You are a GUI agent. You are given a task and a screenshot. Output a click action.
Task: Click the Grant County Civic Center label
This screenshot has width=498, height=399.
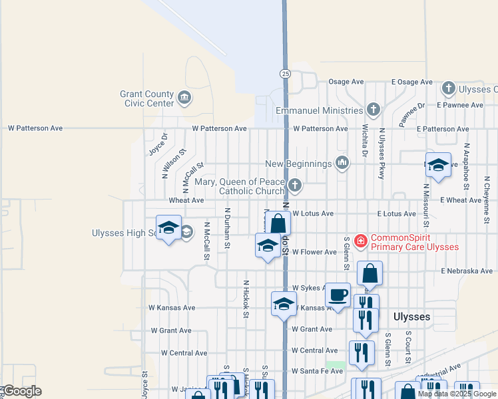[x=146, y=98]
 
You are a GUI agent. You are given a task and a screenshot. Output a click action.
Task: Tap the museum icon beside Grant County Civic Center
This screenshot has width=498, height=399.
[x=185, y=98]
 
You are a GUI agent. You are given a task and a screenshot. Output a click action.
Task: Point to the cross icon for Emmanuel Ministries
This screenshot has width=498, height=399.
[x=373, y=109]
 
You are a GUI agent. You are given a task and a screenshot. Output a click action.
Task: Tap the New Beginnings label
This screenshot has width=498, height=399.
[x=298, y=164]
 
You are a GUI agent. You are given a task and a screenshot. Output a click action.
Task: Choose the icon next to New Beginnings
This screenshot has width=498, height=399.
[x=342, y=163]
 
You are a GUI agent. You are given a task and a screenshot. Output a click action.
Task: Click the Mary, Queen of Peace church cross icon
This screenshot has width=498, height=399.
[x=295, y=185]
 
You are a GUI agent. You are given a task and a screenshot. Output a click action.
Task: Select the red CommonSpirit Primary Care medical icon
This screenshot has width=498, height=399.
[x=361, y=241]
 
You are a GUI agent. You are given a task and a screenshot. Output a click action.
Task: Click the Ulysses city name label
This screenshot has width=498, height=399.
[x=412, y=317]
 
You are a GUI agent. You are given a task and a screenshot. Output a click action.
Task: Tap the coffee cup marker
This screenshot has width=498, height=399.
[x=338, y=295]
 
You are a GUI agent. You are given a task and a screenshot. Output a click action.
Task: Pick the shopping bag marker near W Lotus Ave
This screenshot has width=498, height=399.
[x=279, y=224]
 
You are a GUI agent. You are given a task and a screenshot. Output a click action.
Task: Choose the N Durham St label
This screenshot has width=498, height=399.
[x=228, y=227]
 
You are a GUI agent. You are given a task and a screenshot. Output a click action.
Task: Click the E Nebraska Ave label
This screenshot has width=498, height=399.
[x=466, y=271]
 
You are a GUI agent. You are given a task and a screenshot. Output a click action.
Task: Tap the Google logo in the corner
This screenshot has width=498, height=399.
[x=21, y=391]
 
